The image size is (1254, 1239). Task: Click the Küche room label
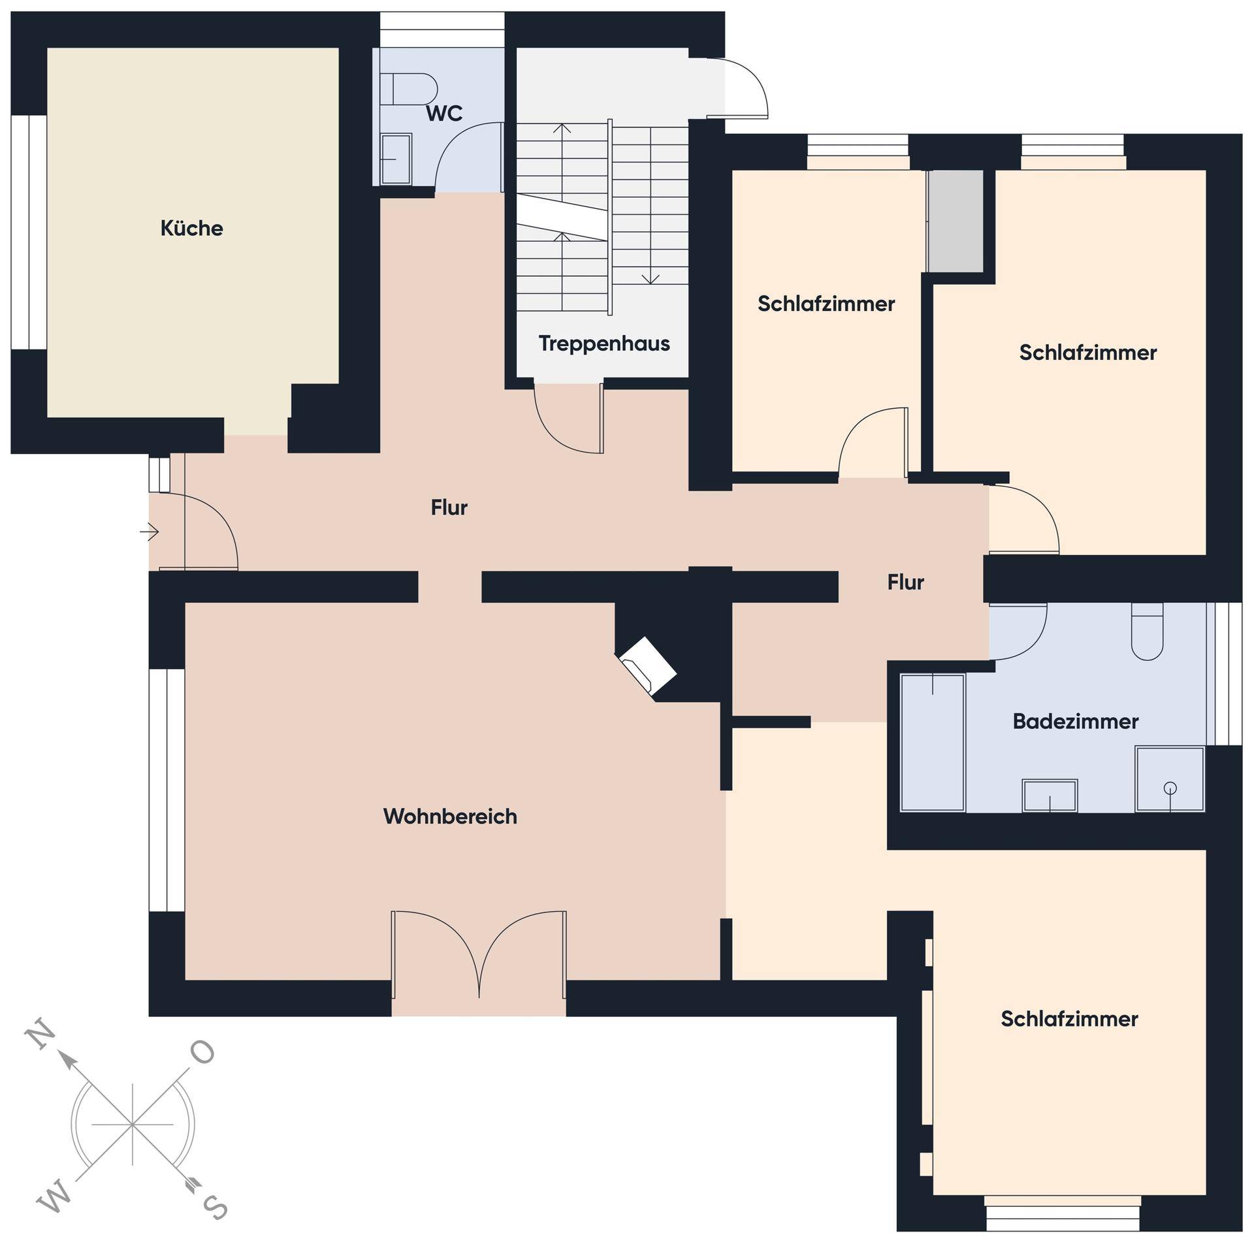click(x=191, y=228)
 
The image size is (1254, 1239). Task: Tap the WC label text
click(x=444, y=114)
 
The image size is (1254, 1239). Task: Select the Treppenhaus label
click(x=604, y=344)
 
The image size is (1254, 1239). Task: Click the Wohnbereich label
click(x=450, y=816)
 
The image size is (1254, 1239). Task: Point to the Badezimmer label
click(x=1076, y=721)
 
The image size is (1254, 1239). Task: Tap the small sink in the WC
click(x=396, y=159)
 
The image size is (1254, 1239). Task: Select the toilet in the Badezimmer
click(x=1147, y=631)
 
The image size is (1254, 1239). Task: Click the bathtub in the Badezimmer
click(x=932, y=743)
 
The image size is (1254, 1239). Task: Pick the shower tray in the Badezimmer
click(x=1169, y=779)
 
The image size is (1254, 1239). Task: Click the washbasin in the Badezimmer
click(x=1050, y=796)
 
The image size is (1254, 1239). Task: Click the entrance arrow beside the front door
click(x=149, y=532)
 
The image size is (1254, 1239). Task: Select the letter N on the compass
click(x=40, y=1037)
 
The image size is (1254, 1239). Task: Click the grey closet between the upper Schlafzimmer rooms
click(x=956, y=221)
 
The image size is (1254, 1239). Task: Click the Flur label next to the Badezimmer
click(x=905, y=582)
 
